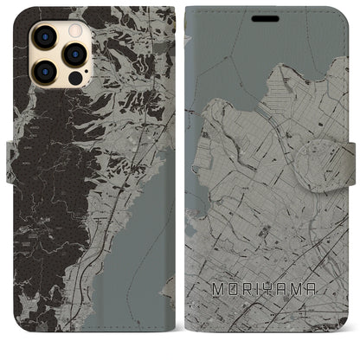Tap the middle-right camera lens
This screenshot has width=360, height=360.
point(74,55)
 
